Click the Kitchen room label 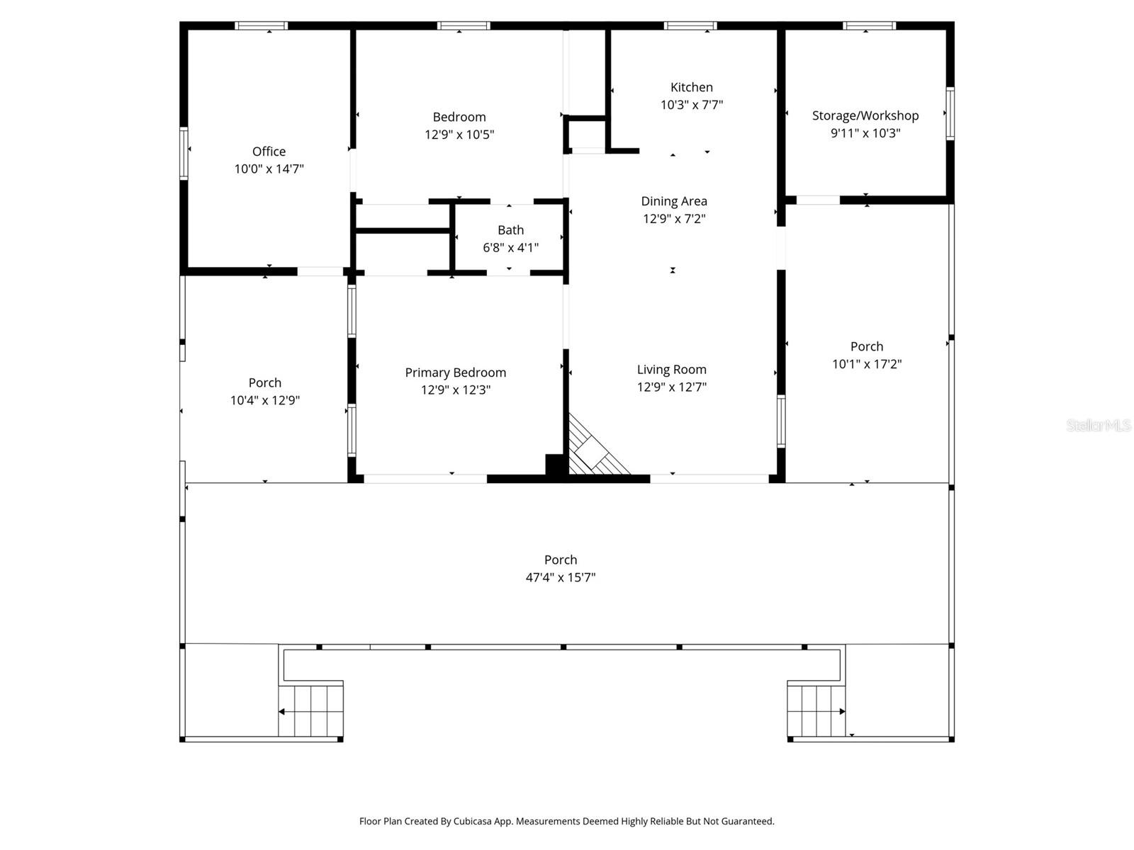point(691,87)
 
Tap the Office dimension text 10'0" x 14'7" point(269,169)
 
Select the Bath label point(510,230)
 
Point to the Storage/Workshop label point(865,115)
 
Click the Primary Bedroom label point(455,373)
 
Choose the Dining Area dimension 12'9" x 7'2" point(673,219)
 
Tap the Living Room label point(671,369)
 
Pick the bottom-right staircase point(816,711)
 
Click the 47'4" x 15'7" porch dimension point(560,577)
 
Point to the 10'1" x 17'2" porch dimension point(866,364)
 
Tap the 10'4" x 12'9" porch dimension point(264,400)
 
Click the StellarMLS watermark point(1098,425)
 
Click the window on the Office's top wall point(261,26)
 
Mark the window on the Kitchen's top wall point(690,26)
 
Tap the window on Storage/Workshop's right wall point(950,113)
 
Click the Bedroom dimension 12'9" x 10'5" point(459,135)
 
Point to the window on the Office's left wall point(184,152)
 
